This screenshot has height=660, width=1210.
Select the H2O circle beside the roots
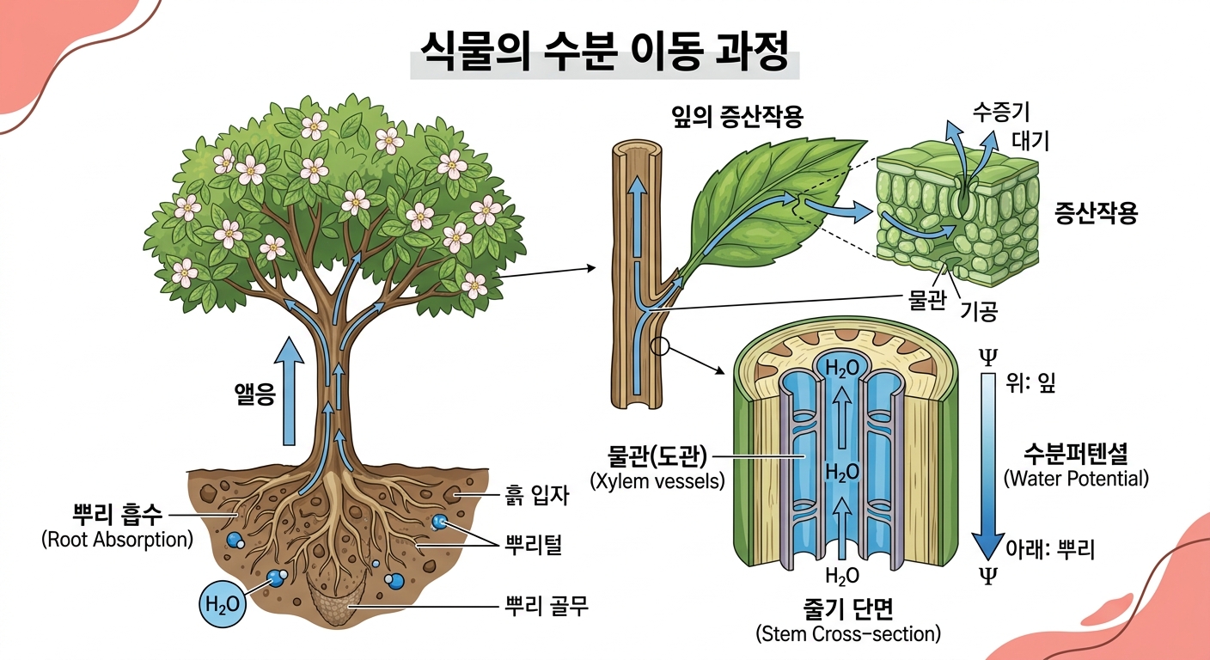(x=222, y=604)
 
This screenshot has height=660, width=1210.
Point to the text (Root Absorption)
(x=117, y=540)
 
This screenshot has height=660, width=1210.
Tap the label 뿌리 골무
(x=545, y=607)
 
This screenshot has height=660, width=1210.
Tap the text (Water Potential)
(x=1076, y=478)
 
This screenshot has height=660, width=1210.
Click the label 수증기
(x=1001, y=112)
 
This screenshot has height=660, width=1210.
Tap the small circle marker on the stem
(x=661, y=345)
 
